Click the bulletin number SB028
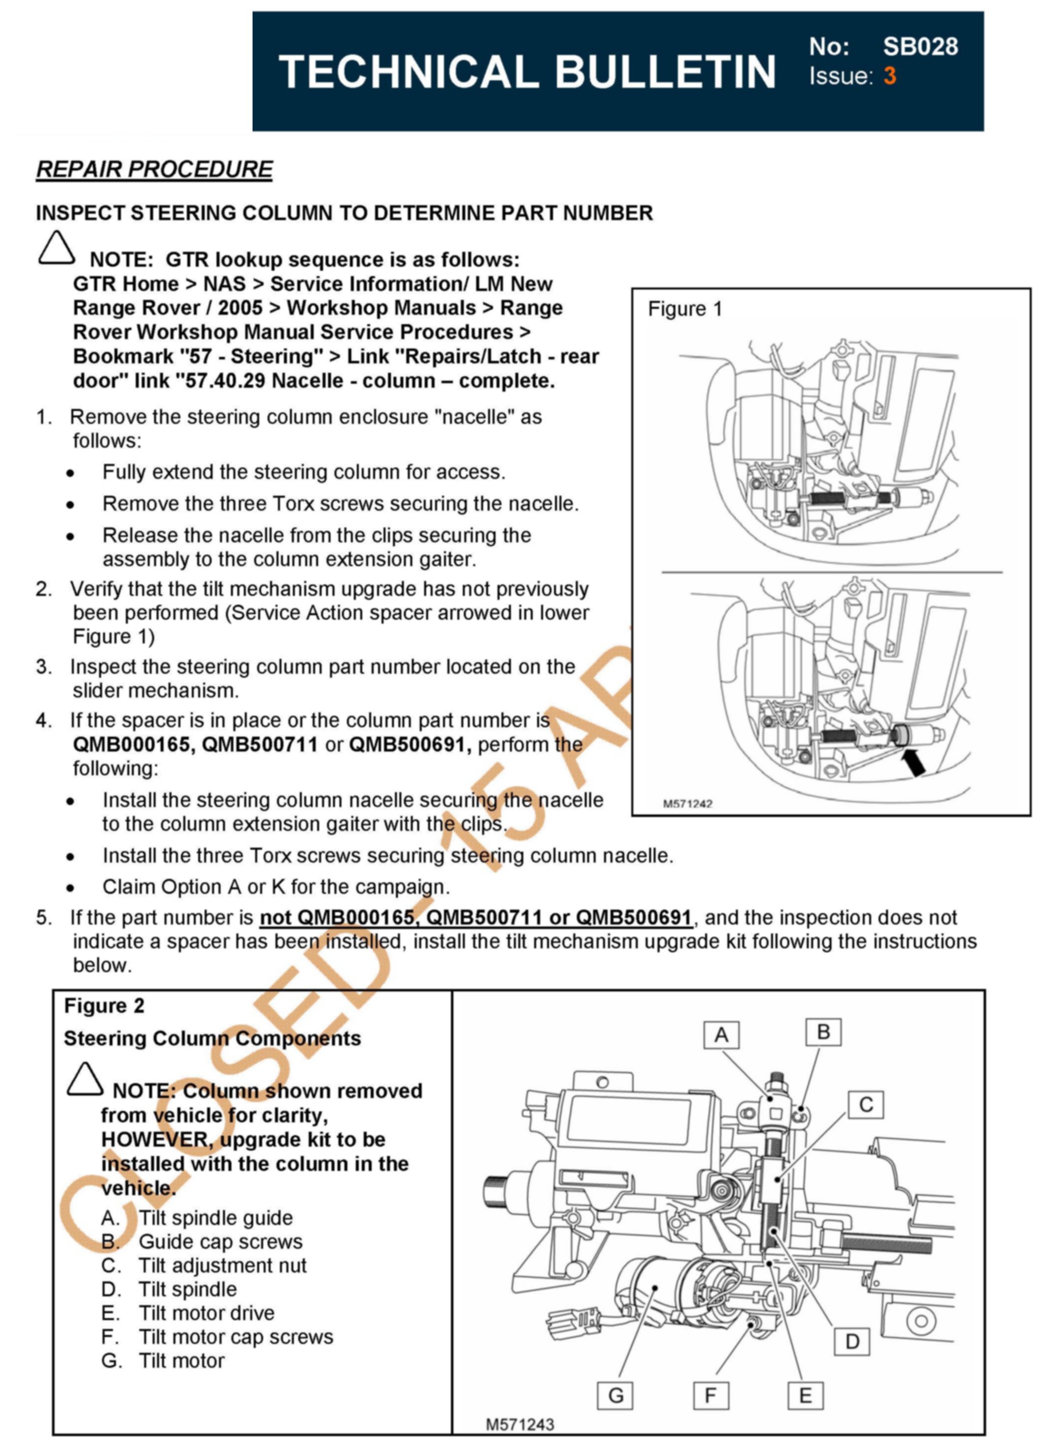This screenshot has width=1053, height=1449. pyautogui.click(x=920, y=47)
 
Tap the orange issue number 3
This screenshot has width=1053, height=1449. pyautogui.click(x=889, y=76)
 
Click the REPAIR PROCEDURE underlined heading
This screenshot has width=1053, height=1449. pyautogui.click(x=155, y=170)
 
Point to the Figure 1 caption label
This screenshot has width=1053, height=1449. pyautogui.click(x=684, y=309)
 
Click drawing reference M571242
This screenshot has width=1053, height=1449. pyautogui.click(x=687, y=804)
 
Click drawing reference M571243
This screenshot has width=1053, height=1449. pyautogui.click(x=520, y=1424)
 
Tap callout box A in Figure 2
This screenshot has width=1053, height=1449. pyautogui.click(x=721, y=1035)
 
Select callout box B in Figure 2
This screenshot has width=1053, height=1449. pyautogui.click(x=823, y=1032)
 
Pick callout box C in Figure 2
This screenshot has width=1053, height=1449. pyautogui.click(x=866, y=1104)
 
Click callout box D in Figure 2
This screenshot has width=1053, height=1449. pyautogui.click(x=852, y=1341)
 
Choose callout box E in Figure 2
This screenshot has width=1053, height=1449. pyautogui.click(x=805, y=1395)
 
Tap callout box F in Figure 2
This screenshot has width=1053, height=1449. pyautogui.click(x=711, y=1396)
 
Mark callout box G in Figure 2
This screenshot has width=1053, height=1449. pyautogui.click(x=615, y=1395)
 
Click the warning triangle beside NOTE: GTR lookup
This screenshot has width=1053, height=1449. pyautogui.click(x=56, y=248)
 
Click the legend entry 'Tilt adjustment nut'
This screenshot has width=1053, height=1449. pyautogui.click(x=222, y=1265)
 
